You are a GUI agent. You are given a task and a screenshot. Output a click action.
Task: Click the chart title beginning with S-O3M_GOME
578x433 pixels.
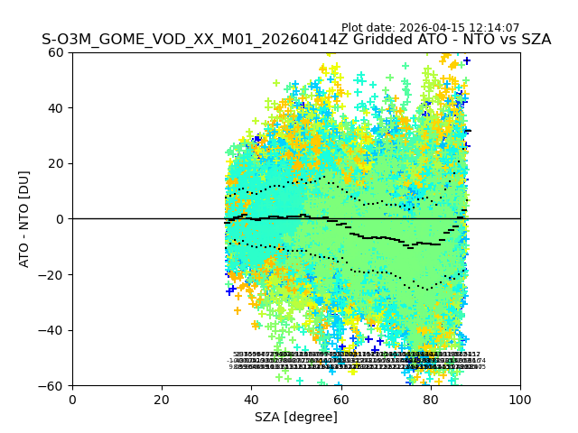(296, 40)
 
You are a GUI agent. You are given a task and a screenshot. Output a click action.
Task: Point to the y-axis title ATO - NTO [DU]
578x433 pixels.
(24, 218)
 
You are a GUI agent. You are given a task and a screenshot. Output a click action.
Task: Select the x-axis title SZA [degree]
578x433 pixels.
(296, 417)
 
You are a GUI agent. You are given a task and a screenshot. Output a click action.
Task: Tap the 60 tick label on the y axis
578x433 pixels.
(56, 52)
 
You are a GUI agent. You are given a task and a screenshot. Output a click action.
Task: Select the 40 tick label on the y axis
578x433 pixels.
(56, 108)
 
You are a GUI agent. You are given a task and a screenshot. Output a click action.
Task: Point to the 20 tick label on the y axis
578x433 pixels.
(56, 163)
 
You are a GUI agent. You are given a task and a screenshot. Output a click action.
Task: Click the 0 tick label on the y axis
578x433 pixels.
(60, 219)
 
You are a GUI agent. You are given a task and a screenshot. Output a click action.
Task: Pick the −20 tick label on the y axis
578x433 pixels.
(52, 274)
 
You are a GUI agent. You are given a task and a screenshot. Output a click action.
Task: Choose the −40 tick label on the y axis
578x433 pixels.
(52, 330)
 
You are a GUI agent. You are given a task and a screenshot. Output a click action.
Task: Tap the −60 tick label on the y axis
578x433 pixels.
(52, 385)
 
